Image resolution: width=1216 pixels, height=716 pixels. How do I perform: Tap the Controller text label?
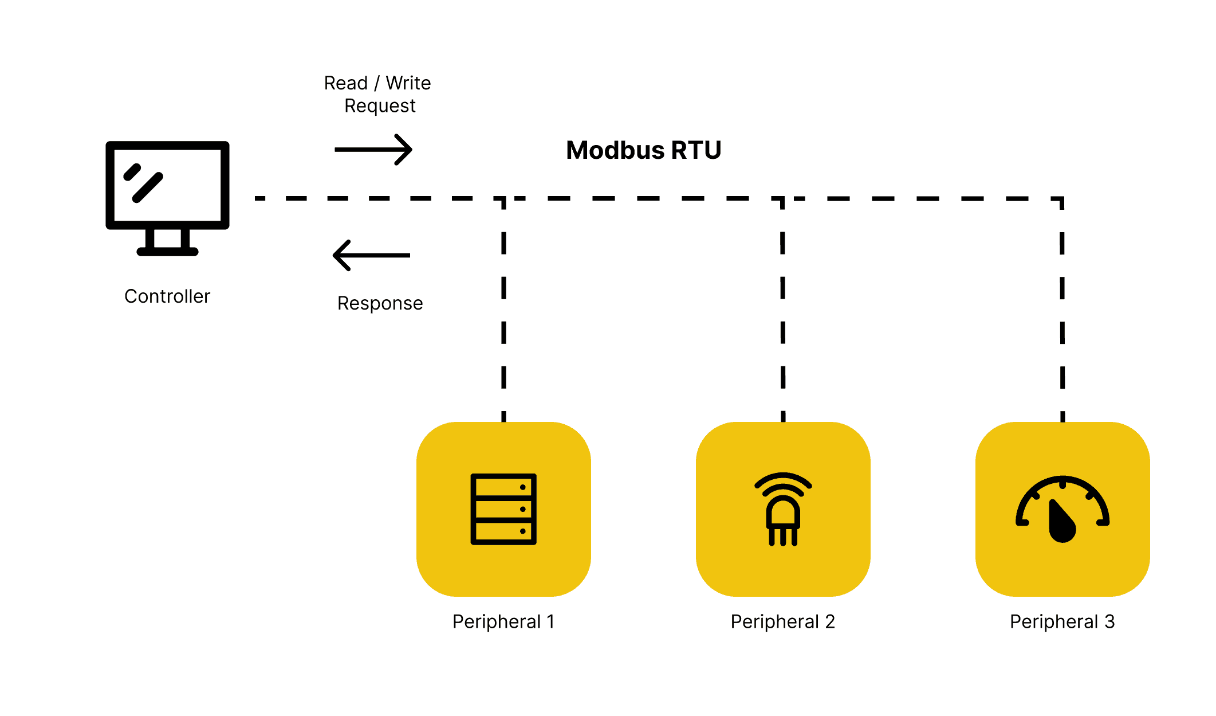click(167, 296)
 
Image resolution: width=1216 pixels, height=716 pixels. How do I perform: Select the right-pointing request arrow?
click(373, 150)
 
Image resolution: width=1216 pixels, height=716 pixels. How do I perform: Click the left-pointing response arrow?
click(372, 255)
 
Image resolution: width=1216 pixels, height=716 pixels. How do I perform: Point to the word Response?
click(380, 303)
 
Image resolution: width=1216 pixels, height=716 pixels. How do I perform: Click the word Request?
click(380, 106)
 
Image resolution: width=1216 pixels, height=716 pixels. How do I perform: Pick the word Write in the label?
click(408, 83)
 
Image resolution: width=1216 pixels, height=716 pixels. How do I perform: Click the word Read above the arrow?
click(345, 83)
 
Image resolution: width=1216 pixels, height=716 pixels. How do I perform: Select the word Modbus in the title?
click(615, 150)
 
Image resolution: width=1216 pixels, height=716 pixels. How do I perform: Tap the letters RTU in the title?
click(696, 150)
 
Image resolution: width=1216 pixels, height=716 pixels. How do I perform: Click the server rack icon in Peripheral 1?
click(503, 509)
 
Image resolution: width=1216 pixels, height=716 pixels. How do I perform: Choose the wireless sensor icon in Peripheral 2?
click(783, 509)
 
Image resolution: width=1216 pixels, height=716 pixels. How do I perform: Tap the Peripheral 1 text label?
click(503, 621)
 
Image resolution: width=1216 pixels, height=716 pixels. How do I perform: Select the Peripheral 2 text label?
click(783, 621)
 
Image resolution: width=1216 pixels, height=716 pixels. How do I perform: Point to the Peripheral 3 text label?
click(1062, 621)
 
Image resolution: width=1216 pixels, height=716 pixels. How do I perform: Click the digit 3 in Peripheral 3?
click(1109, 621)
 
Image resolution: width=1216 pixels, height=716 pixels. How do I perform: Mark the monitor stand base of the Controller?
click(167, 251)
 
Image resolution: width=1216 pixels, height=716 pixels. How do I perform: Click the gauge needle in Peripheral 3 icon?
click(1061, 522)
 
